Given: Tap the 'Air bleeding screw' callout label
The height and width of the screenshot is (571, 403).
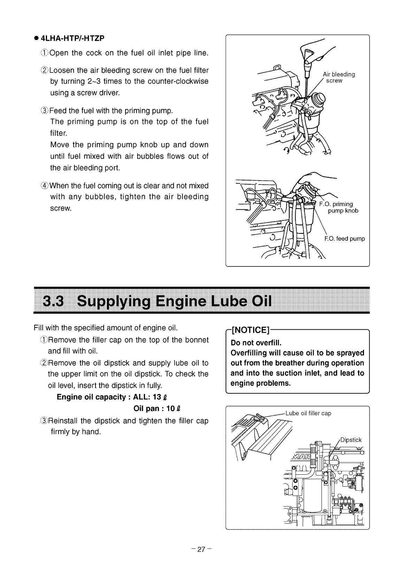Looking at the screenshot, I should (339, 77).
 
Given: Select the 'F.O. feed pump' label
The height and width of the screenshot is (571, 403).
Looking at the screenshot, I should (344, 239).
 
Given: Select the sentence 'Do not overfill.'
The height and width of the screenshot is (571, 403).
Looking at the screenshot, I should (256, 342).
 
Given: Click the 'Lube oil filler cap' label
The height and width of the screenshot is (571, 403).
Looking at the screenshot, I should (308, 414).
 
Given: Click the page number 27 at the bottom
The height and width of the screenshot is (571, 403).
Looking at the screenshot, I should (201, 550).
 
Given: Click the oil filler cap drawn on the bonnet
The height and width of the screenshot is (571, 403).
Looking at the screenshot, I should (259, 417).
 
